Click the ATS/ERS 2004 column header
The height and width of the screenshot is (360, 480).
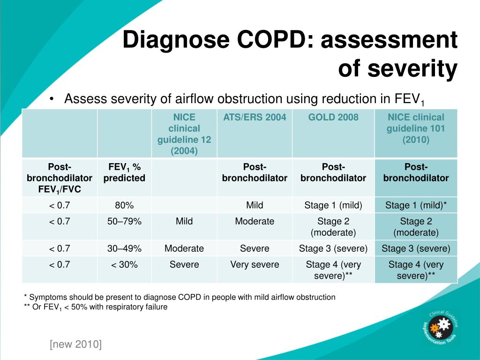tap(255, 117)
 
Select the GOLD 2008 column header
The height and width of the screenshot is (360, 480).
tap(333, 117)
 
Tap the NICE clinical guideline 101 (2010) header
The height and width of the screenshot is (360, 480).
tap(416, 128)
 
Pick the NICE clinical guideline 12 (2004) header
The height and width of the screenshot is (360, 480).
tap(184, 134)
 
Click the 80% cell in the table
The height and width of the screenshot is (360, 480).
tap(124, 205)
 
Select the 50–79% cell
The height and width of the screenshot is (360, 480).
tap(124, 221)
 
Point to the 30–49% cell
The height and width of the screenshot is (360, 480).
tap(124, 248)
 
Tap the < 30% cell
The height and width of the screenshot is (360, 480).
tap(124, 264)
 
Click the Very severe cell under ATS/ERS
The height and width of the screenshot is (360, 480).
tap(255, 264)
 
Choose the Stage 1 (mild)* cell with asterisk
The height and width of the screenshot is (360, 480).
tap(416, 205)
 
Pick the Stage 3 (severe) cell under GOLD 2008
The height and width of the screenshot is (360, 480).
tap(333, 248)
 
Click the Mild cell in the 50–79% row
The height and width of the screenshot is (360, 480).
tap(184, 221)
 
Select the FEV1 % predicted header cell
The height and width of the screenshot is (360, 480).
tap(124, 172)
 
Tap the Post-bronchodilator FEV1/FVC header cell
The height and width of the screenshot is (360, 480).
tap(60, 178)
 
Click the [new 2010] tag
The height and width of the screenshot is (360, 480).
tap(75, 345)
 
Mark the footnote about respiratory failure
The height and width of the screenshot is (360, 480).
tap(96, 307)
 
